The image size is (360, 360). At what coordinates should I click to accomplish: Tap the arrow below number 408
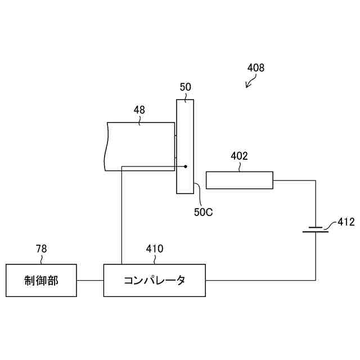click(249, 83)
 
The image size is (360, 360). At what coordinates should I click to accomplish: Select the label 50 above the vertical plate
click(185, 87)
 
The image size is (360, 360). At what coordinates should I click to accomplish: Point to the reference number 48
click(139, 110)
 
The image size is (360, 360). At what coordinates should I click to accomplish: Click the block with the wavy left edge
click(141, 146)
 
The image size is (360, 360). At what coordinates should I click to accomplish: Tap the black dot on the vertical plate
click(185, 166)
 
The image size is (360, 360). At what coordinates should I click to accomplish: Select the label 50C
click(204, 212)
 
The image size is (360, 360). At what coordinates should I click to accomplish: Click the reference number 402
click(239, 156)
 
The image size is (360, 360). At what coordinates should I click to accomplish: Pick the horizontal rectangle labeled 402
click(239, 180)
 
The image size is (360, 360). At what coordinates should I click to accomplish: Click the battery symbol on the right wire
click(315, 229)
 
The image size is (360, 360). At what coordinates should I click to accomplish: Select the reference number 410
click(155, 248)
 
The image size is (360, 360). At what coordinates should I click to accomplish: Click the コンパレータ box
click(155, 280)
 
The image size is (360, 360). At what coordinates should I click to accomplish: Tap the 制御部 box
click(41, 280)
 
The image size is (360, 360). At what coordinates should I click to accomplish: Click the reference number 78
click(41, 248)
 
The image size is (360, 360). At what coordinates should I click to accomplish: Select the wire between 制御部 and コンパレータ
click(89, 280)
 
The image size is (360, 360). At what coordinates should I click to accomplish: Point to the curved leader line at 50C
click(197, 194)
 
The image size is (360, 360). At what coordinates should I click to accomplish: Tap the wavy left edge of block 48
click(106, 146)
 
